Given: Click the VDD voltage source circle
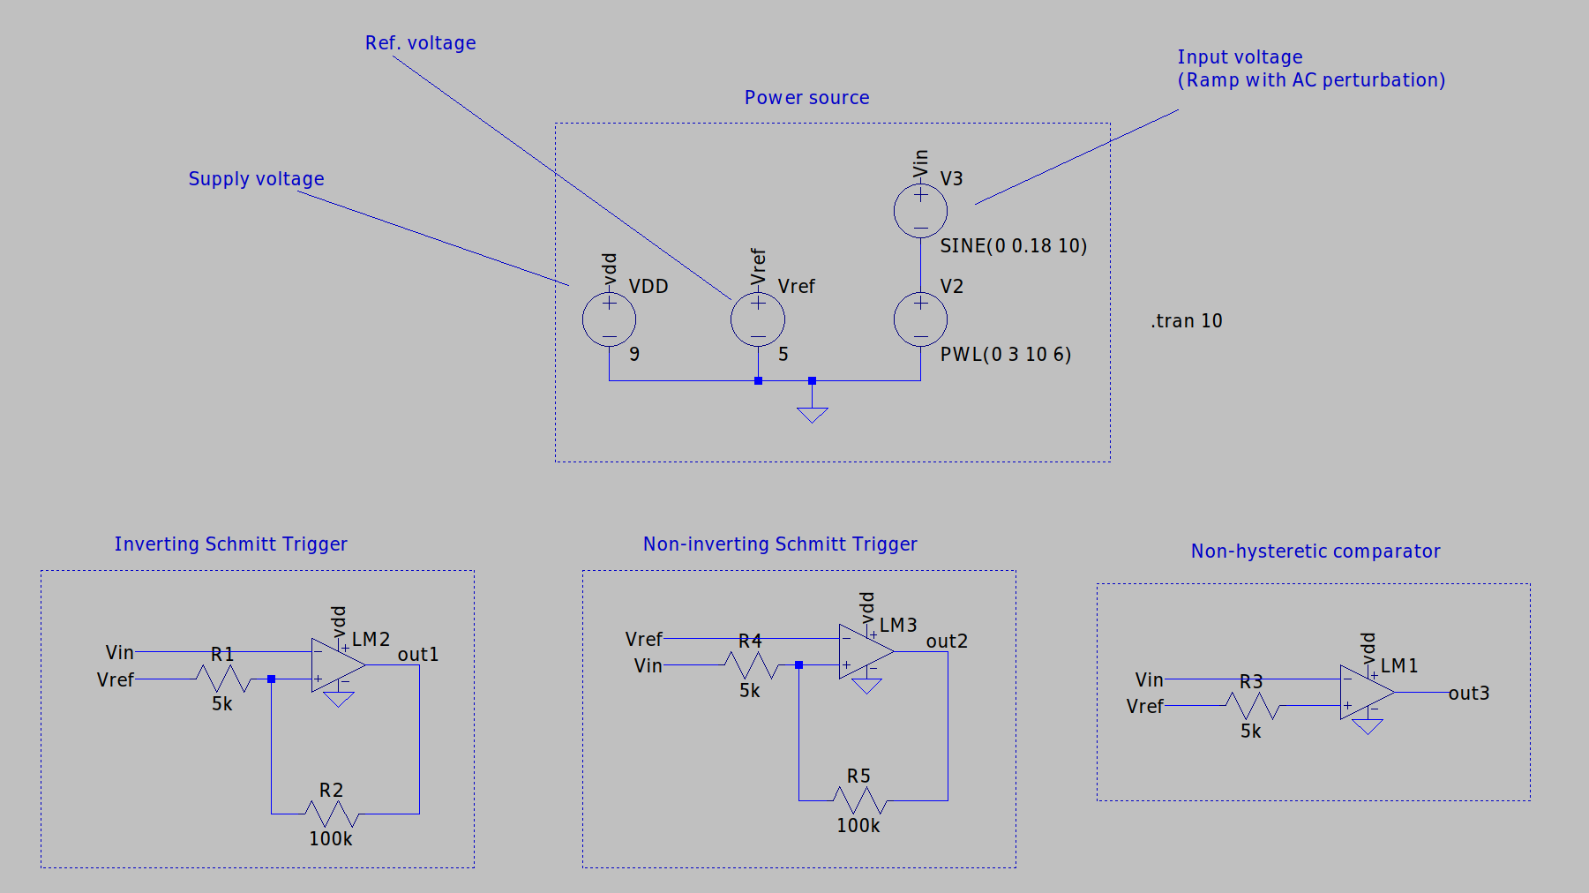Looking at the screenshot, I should [x=609, y=319].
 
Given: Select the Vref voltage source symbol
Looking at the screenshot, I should [x=757, y=319].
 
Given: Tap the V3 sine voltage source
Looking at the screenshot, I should [x=920, y=211].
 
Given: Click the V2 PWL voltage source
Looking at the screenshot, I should [x=920, y=319].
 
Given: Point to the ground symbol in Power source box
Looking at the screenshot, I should [x=812, y=413].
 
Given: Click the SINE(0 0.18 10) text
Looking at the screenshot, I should [x=1013, y=246].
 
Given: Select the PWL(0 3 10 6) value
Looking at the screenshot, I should [x=1005, y=355].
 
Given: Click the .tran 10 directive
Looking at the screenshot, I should [x=1187, y=321].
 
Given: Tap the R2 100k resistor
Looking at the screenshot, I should [x=331, y=813].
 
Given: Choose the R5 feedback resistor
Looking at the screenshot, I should [x=858, y=800].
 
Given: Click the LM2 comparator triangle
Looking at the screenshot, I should [x=336, y=665].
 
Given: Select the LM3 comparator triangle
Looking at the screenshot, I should [x=865, y=652].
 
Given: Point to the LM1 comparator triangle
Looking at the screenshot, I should [x=1365, y=693].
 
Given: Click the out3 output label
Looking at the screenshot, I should [x=1468, y=694].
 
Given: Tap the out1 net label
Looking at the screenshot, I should [x=417, y=655].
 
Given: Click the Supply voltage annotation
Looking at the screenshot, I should [x=256, y=179].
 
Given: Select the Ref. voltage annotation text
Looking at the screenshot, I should [x=420, y=43].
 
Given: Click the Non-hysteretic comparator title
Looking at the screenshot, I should [x=1315, y=552].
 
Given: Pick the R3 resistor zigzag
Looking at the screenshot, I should [x=1251, y=706].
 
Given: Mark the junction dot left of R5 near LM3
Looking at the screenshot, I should [x=798, y=665].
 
